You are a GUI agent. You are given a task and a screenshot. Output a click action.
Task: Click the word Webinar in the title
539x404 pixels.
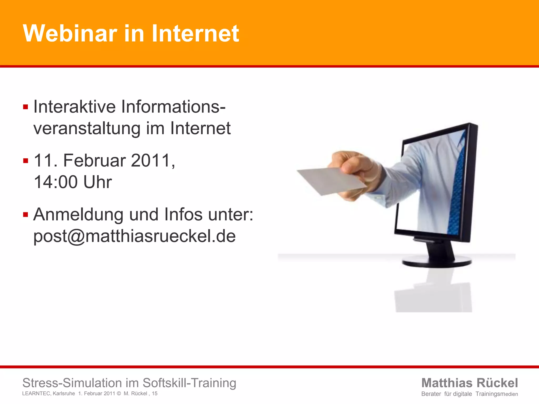(x=70, y=33)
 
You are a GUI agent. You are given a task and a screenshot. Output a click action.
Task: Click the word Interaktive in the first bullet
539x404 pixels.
(x=74, y=107)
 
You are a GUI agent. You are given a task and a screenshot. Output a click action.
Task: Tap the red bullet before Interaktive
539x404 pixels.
(x=26, y=107)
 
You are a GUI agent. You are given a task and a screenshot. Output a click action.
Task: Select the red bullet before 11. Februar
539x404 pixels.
(x=26, y=161)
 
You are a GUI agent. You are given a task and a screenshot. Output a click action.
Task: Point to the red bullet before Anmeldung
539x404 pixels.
(x=26, y=215)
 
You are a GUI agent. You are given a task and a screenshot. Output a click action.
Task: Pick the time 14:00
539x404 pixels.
(x=56, y=182)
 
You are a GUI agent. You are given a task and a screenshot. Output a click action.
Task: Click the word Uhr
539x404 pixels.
(x=97, y=182)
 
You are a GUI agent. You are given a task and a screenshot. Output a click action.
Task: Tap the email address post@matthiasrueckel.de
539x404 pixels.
(x=134, y=236)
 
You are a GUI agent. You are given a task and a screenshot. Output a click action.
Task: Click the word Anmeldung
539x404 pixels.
(x=78, y=215)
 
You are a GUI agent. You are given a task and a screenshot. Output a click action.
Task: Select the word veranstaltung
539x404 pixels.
(x=87, y=129)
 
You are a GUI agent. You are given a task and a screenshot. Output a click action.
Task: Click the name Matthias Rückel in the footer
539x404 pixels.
(x=470, y=383)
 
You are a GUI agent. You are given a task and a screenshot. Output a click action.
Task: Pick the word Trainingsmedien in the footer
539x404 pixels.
(x=497, y=394)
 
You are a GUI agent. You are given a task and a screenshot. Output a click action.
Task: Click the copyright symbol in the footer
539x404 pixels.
(x=119, y=394)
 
